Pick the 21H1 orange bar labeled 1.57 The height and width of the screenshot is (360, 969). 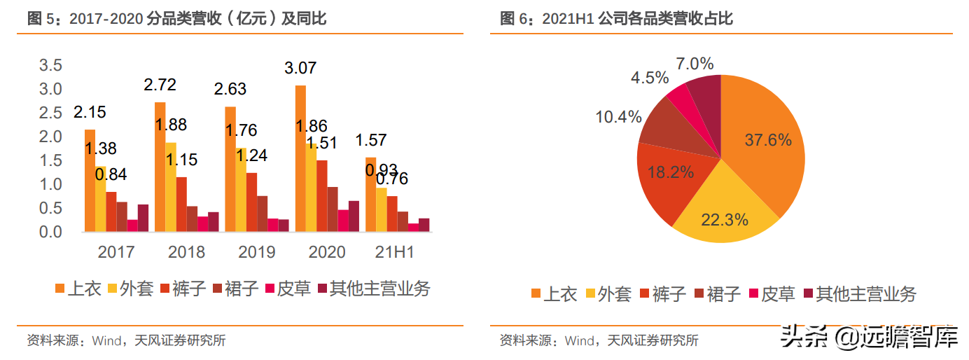point(370,194)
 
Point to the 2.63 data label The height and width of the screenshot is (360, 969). point(230,90)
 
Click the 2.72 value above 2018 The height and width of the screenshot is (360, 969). point(160,85)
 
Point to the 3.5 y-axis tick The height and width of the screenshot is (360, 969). point(50,66)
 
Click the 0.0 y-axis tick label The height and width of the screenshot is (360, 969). point(50,232)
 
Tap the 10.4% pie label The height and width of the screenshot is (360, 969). point(618,117)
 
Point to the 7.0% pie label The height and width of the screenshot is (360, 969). point(695,64)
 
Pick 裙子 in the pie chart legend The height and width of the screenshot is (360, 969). point(718,293)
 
